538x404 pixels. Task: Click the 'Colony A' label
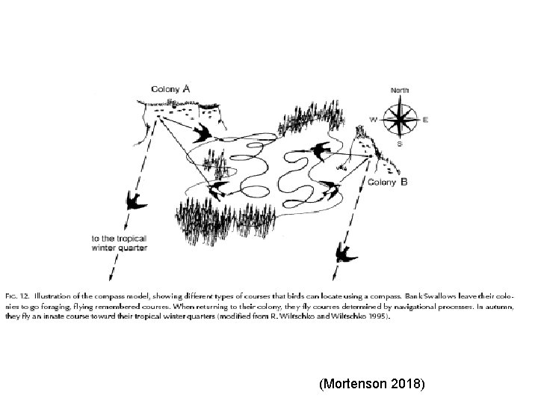tap(170, 88)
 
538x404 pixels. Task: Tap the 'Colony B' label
tap(388, 182)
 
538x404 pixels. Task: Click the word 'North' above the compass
tap(400, 91)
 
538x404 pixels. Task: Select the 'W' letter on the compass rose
tap(374, 120)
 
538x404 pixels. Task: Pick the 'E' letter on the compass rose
tap(425, 120)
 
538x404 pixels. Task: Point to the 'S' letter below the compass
tap(400, 143)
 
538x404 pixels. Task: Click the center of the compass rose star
tap(400, 117)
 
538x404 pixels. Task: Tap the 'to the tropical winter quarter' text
tap(119, 243)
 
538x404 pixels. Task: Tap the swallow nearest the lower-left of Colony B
tap(331, 189)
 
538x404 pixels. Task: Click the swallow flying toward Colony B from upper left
tap(320, 150)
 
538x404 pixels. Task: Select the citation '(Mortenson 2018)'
tap(371, 385)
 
